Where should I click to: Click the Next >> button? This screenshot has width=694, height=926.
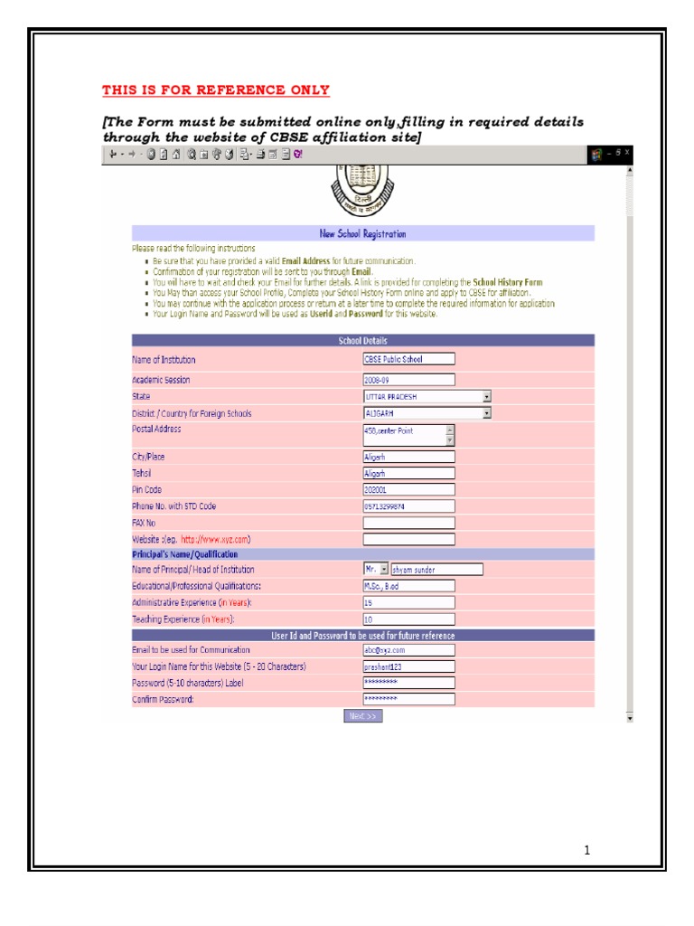(362, 716)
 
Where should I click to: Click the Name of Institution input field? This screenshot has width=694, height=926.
(408, 359)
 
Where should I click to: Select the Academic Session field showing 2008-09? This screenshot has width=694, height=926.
(408, 380)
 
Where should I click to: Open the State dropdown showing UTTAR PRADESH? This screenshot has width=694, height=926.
(427, 396)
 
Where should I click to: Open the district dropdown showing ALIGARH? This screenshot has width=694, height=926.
(427, 413)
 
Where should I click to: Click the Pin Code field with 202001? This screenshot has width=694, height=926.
(408, 489)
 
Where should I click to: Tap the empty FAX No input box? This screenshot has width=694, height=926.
(408, 523)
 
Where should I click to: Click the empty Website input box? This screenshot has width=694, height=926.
(408, 539)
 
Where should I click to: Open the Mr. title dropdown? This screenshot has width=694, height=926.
(376, 570)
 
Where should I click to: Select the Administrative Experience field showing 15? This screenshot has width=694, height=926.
(408, 602)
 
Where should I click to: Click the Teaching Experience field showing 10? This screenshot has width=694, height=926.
(408, 619)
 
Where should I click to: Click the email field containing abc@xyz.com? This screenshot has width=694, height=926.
(408, 649)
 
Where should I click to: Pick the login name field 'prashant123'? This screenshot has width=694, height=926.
(408, 666)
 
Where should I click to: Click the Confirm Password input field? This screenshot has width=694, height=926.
(408, 699)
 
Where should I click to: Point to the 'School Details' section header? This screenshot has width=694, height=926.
(362, 341)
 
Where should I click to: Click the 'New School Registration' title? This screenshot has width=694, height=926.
(362, 233)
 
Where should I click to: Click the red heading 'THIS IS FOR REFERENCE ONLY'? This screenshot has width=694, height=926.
(216, 90)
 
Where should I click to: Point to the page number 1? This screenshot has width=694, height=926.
(586, 850)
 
